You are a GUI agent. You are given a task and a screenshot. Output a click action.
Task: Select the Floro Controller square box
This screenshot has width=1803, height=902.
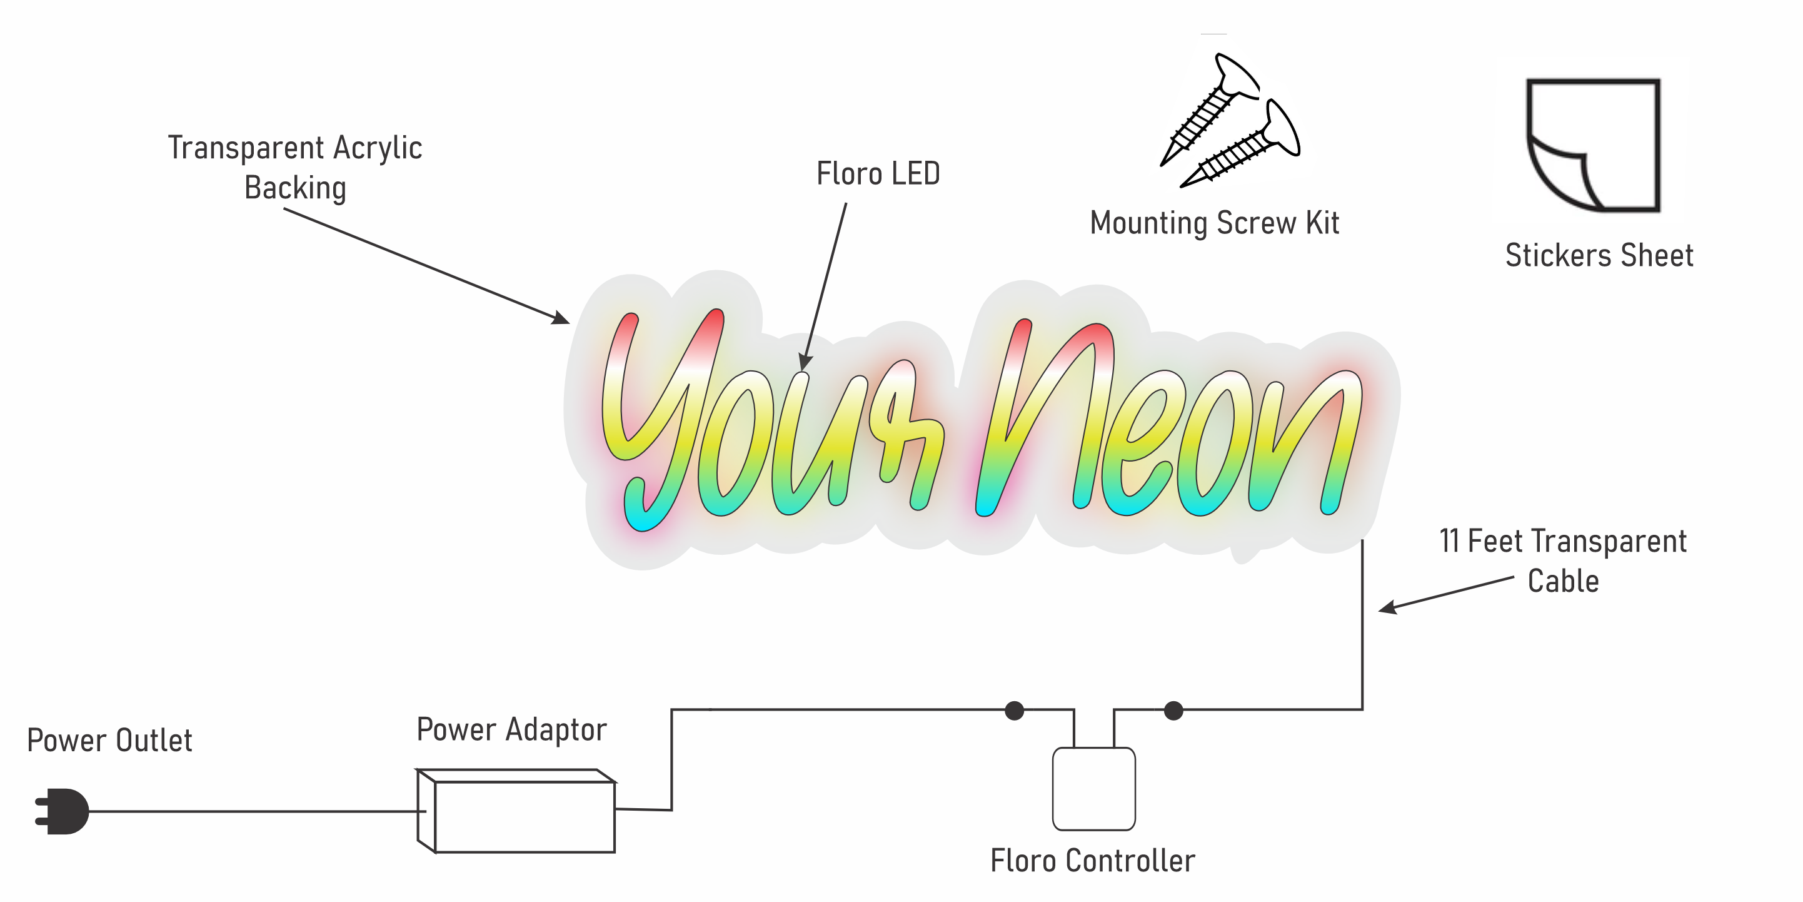1093,789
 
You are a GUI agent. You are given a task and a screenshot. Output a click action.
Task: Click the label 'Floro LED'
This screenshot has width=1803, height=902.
878,174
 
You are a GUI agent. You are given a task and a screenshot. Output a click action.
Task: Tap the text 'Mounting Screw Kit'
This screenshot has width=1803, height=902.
1214,223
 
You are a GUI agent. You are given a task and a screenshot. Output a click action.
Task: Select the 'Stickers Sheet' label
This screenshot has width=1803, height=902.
1599,256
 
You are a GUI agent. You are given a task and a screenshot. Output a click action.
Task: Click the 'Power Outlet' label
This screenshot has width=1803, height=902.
110,740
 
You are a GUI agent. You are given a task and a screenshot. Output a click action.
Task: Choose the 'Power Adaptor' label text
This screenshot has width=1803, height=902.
511,730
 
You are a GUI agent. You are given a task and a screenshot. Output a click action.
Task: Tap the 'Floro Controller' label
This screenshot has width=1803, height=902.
1093,861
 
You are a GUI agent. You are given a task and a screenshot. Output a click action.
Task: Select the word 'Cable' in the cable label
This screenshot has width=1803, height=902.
1563,581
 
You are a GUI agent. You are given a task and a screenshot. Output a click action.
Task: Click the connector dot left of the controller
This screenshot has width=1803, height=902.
1014,711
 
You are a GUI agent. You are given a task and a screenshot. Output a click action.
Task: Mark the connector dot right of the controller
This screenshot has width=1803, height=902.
1174,711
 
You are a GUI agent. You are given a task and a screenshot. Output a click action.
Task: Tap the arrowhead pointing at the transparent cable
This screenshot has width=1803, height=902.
1387,608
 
